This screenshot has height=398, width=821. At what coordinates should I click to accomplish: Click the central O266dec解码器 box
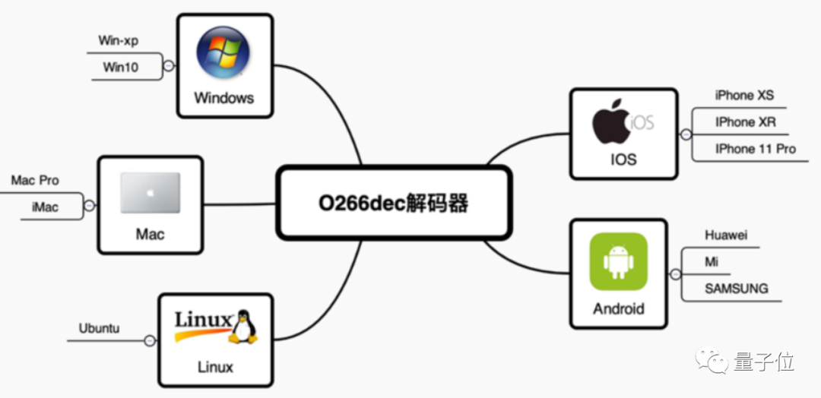click(391, 203)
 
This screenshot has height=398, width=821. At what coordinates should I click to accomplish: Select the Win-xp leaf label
click(119, 40)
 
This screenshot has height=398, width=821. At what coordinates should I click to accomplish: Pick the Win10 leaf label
click(121, 67)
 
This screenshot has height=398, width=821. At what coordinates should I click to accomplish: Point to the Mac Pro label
click(35, 181)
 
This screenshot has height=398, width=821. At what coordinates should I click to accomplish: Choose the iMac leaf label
click(45, 207)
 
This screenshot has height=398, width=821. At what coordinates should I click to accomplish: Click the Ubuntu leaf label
click(99, 329)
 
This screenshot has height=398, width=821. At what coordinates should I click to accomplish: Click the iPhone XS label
click(744, 96)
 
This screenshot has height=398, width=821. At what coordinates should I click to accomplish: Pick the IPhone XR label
click(745, 122)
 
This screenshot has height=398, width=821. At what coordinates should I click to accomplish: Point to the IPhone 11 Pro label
click(755, 149)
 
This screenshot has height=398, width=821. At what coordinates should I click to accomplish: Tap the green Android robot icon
click(619, 261)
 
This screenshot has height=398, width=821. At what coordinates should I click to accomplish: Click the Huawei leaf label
click(726, 235)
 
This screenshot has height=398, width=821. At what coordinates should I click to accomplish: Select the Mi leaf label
click(712, 262)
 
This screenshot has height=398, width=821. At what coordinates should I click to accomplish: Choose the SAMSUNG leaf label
click(736, 289)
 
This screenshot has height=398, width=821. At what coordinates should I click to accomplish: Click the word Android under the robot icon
click(619, 309)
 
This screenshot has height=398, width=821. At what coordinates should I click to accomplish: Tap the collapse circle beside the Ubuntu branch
click(150, 341)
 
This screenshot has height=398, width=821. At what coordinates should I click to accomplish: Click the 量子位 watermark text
click(763, 362)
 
